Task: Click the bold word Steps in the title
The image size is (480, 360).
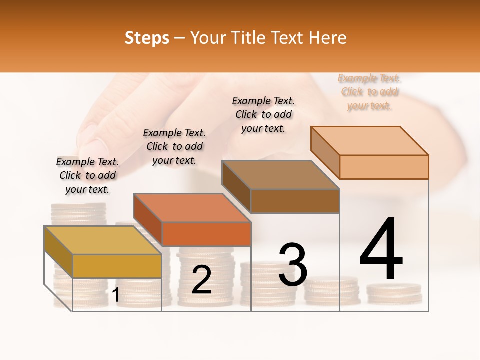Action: pos(147,38)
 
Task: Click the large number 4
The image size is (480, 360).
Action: pos(381,250)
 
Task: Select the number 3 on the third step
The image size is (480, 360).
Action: pos(292,265)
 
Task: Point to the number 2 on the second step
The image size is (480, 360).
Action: pos(201,280)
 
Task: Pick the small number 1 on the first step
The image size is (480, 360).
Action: pos(115,295)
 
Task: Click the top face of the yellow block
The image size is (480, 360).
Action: pos(103,240)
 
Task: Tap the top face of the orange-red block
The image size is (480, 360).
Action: pos(192,207)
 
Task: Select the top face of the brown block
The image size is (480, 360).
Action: pos(281,174)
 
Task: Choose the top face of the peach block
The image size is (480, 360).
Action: pos(370,140)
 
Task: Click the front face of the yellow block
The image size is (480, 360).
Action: pos(117,266)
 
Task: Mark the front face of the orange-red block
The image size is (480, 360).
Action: pos(206,234)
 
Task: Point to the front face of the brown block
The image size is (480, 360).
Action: pos(295,201)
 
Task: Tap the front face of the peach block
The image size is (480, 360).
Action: pos(384,167)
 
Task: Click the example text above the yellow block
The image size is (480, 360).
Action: pos(87,175)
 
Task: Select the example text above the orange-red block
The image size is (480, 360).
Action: pos(174,146)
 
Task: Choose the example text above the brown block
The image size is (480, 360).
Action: pos(263,114)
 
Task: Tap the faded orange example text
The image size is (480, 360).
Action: pos(369,92)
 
